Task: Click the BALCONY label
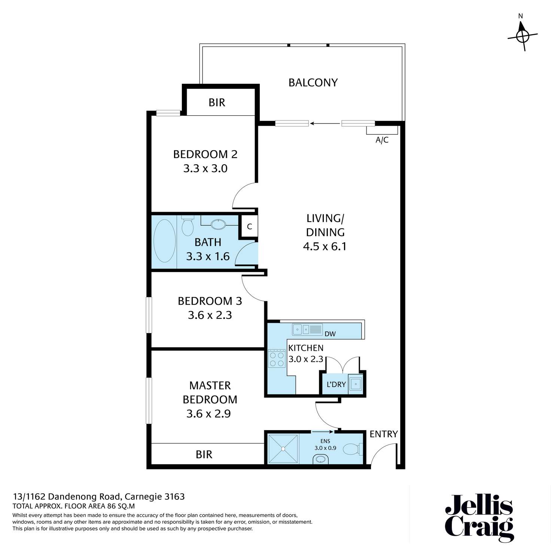coord(313,83)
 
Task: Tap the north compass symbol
coord(523,36)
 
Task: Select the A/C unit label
coord(382,140)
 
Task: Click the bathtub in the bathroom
coord(165,241)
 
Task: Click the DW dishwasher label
coord(330,334)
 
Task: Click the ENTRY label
coord(383,434)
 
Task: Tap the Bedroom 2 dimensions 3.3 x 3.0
coord(205,168)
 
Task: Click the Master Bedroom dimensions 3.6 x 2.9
coord(208,414)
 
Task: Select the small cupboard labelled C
coord(249,226)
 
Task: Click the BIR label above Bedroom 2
coord(217,102)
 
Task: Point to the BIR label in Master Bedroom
coord(204,454)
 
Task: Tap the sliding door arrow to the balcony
coord(325,124)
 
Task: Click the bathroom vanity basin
coord(219,224)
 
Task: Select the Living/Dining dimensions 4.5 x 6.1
coord(325,246)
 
